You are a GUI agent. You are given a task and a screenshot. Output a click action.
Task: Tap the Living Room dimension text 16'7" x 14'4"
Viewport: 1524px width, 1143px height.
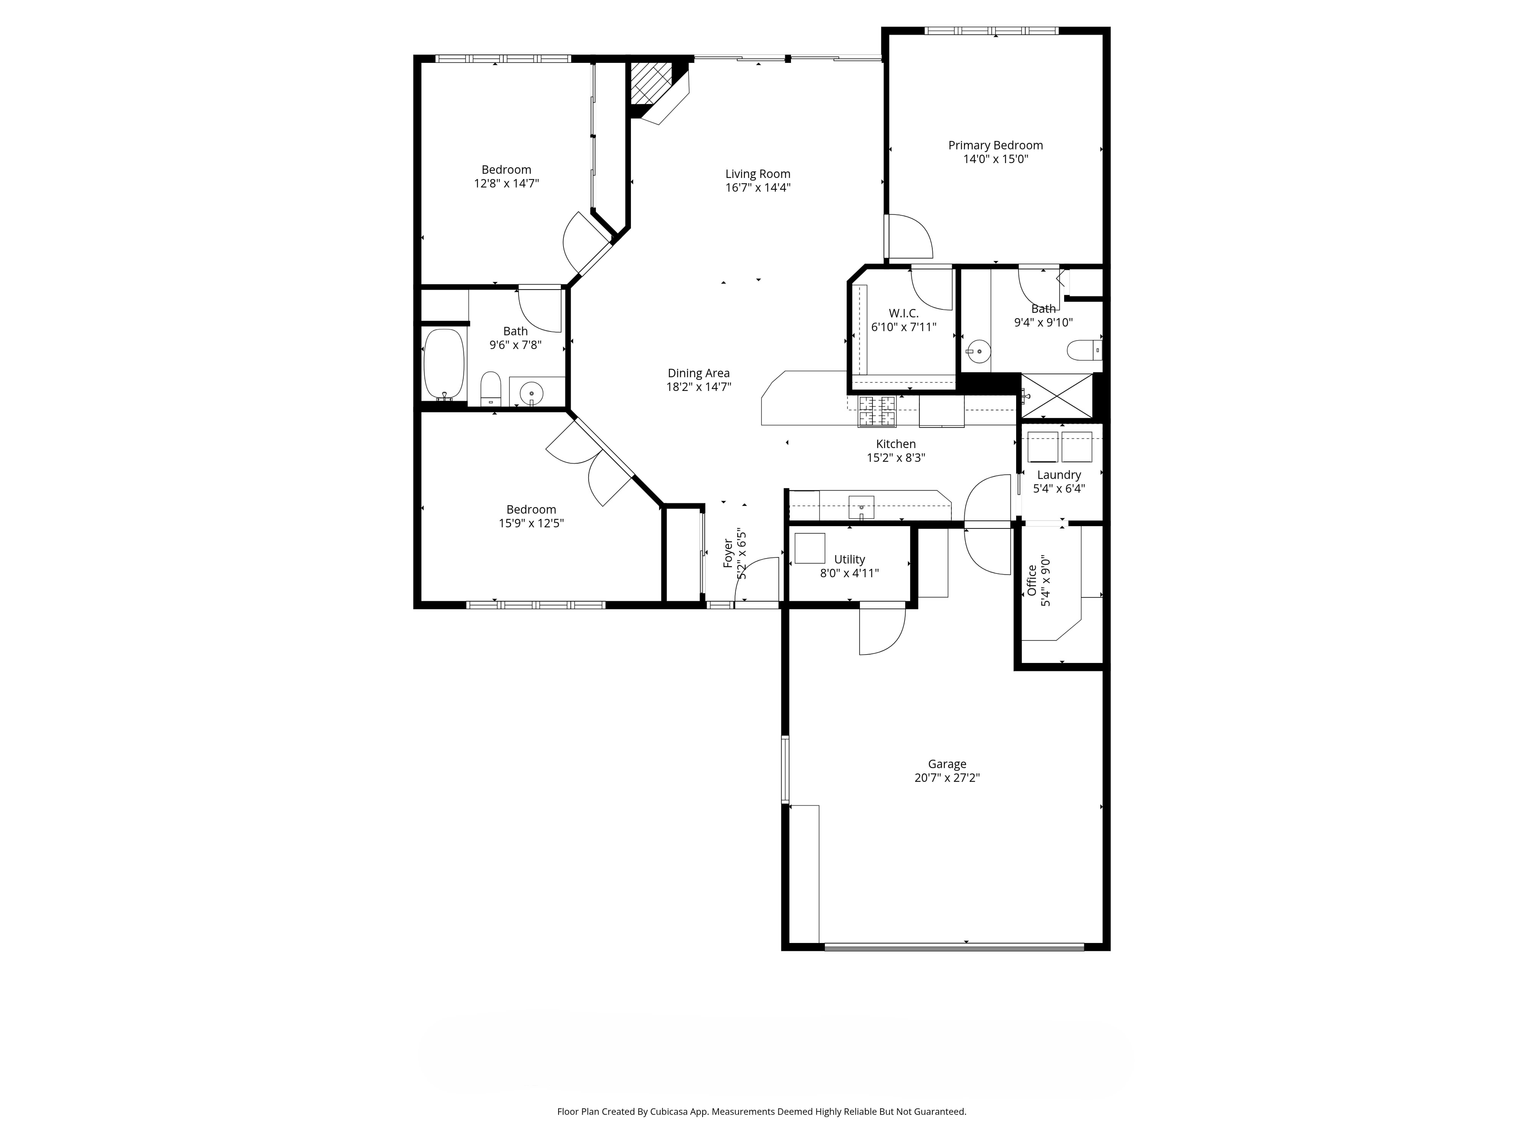point(758,187)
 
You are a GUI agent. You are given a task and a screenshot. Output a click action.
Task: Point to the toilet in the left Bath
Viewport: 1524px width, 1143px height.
point(490,389)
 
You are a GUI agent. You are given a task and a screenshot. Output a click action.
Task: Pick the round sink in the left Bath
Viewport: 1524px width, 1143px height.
point(531,394)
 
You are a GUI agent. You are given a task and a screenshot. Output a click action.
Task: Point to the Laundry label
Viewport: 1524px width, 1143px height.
point(1059,475)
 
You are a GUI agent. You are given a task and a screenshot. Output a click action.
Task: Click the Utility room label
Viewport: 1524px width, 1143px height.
point(849,559)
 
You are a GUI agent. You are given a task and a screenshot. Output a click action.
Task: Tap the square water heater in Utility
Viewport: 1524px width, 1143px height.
point(810,548)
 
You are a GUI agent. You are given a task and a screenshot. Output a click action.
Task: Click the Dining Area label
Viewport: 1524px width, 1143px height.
point(699,373)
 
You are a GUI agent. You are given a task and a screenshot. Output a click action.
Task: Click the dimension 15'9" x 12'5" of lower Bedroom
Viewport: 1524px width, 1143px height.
point(531,523)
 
